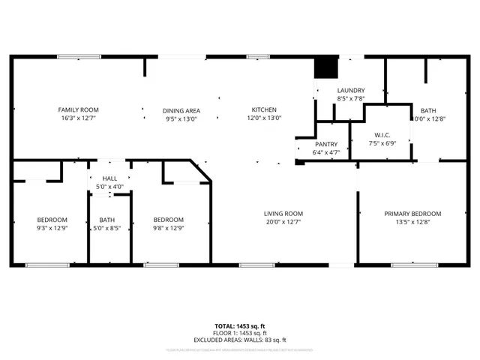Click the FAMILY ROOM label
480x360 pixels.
[x=79, y=109]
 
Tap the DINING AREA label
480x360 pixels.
[x=181, y=110]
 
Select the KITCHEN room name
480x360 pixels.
[x=264, y=109]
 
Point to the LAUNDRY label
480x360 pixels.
[x=350, y=90]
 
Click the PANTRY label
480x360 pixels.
[x=325, y=144]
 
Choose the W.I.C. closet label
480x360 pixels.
[x=382, y=135]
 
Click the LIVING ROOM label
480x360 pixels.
[x=283, y=214]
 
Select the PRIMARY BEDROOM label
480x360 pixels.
[x=412, y=214]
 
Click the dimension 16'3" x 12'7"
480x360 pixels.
[x=79, y=118]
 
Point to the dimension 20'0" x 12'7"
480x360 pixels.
[x=283, y=222]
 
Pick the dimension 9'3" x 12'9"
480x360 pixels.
[x=52, y=228]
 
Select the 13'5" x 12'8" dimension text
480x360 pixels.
[x=412, y=222]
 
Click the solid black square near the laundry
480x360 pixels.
[x=325, y=67]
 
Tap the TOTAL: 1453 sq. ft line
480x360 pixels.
[x=239, y=325]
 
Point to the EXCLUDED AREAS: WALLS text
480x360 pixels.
[x=239, y=340]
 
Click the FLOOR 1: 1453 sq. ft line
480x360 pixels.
[x=239, y=333]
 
